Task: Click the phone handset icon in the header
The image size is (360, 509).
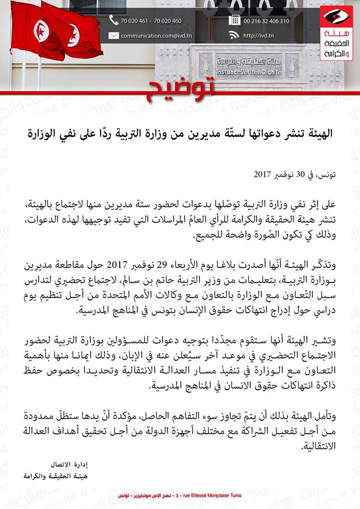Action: click(113, 21)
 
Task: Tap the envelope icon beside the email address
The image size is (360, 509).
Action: click(113, 36)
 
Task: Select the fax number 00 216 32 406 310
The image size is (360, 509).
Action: click(267, 21)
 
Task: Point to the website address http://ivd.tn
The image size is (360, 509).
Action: click(258, 36)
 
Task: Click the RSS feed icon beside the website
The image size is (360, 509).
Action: click(234, 36)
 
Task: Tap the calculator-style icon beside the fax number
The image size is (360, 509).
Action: click(234, 21)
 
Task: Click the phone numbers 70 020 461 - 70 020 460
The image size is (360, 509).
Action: click(151, 21)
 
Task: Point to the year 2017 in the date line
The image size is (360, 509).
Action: click(262, 174)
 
